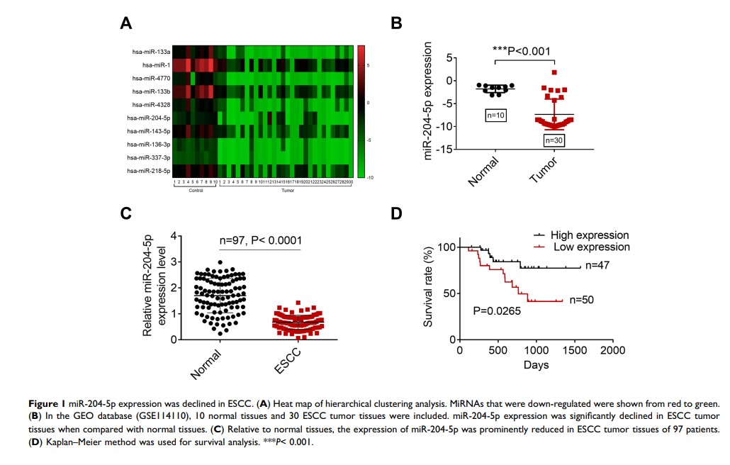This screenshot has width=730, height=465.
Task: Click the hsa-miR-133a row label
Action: coord(150,52)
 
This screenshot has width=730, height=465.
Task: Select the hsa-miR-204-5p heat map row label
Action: coord(148,118)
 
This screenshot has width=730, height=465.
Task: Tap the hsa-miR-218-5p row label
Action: coord(148,171)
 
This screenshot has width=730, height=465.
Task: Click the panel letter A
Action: coord(126,23)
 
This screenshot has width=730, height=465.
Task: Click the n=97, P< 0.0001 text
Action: coord(260,240)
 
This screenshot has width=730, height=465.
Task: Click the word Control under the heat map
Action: coord(195,190)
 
